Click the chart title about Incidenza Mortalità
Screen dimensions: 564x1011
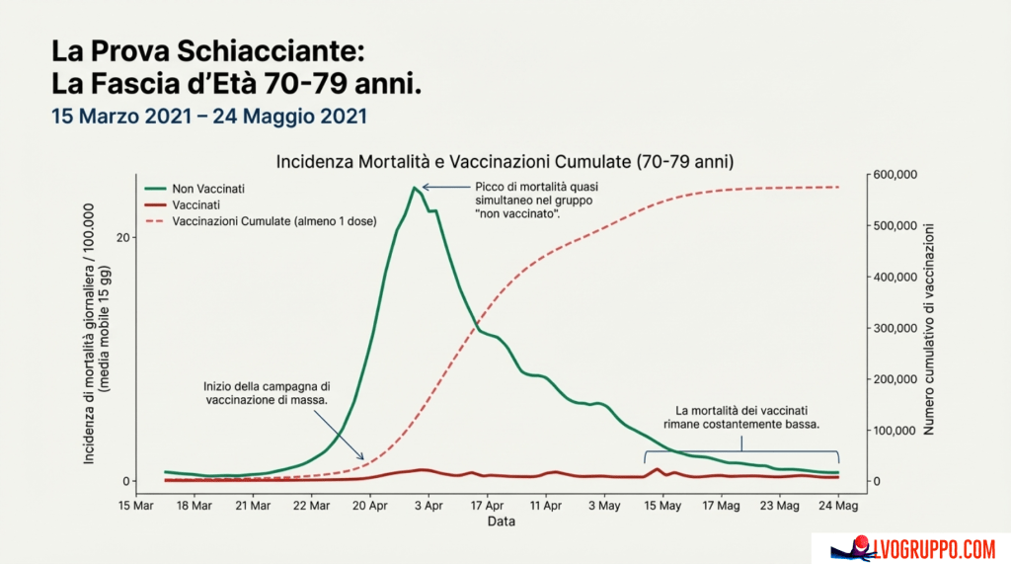505,159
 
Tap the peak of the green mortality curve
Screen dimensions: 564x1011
412,187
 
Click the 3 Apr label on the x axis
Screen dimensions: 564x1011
428,506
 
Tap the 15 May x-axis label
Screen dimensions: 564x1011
662,506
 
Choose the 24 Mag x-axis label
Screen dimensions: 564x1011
838,506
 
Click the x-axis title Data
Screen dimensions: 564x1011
501,522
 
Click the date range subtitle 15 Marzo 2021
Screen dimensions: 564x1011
209,116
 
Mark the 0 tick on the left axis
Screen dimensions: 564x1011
126,481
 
